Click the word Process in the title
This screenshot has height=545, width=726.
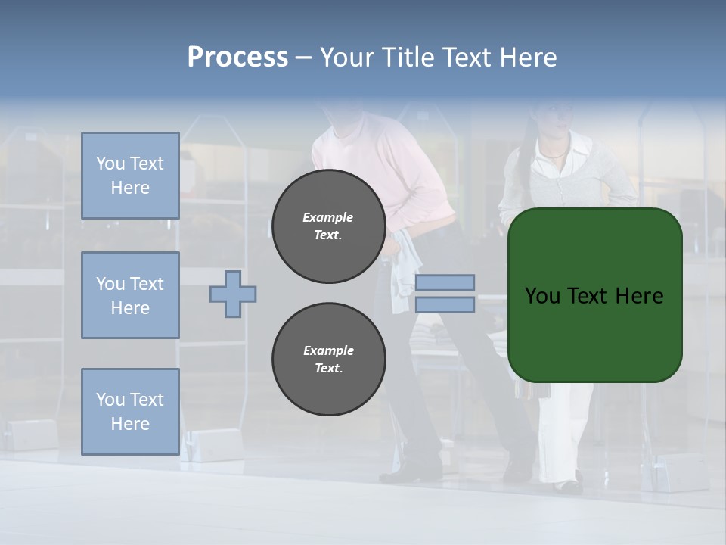237,58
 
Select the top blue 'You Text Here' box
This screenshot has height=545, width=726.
130,176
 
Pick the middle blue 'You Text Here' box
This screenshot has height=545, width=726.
130,295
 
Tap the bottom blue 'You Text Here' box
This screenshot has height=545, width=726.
130,411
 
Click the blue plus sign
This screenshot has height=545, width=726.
233,294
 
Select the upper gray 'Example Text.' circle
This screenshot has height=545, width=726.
328,226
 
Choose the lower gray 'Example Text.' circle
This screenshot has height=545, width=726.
328,359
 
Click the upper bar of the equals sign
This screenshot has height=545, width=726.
445,282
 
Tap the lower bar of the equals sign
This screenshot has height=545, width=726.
445,304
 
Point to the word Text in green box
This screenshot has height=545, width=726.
591,296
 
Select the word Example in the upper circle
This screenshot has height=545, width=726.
327,217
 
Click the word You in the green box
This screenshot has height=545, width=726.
541,296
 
